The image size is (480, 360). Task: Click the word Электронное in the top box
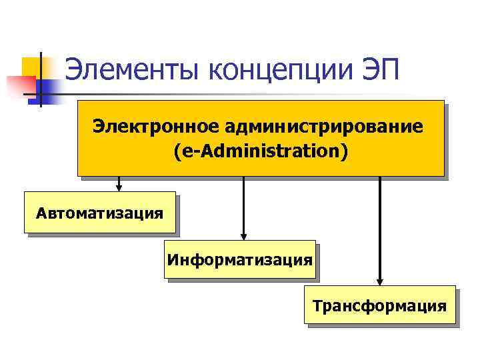(x=156, y=127)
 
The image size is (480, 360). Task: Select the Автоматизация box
(x=100, y=213)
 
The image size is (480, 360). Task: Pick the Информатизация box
(x=240, y=259)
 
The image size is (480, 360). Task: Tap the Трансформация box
(x=380, y=305)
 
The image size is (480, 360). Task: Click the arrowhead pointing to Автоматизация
(x=119, y=187)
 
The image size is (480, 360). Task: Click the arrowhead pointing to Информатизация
(x=244, y=235)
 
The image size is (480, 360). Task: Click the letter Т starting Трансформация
(x=318, y=306)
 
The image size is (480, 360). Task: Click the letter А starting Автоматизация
(x=43, y=213)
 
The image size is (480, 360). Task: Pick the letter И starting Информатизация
(x=173, y=259)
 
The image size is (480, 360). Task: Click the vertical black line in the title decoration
(x=39, y=79)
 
